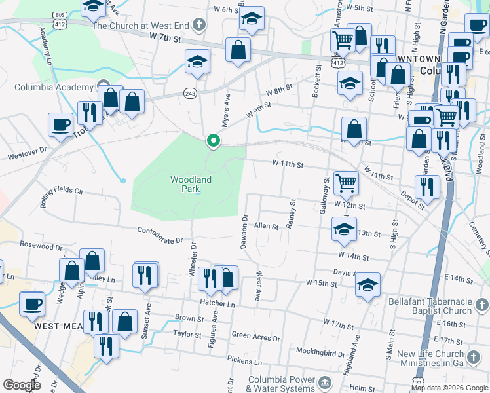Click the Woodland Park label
coord(191,183)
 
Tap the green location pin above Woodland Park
coord(213,140)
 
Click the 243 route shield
coord(191,92)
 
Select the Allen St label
coord(267,225)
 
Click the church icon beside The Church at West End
coord(200,26)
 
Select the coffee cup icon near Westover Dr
coord(61,124)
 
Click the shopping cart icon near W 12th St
coord(345,182)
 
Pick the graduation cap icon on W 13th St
coord(344,229)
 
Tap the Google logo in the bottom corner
coord(22,385)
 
